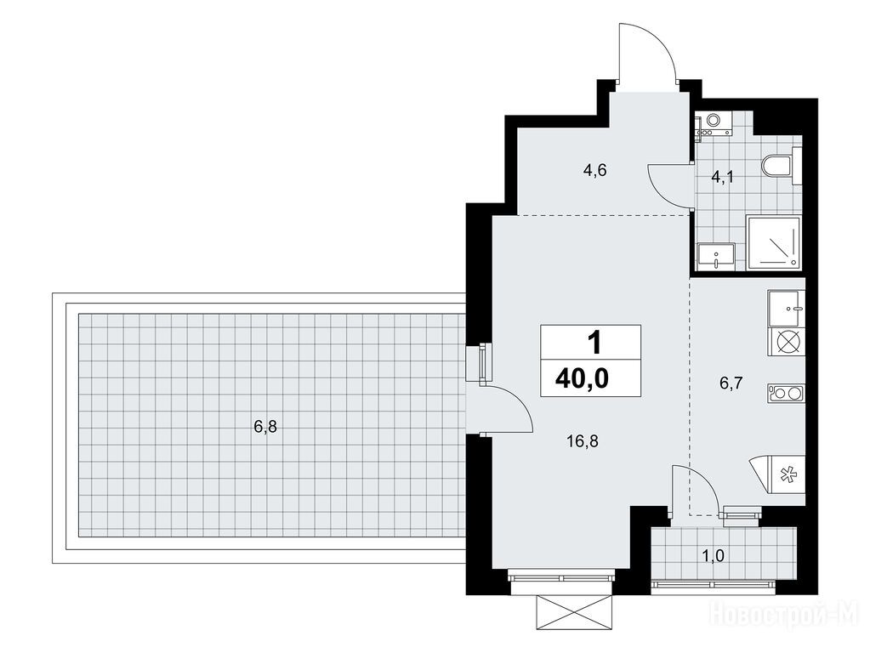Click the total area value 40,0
582,378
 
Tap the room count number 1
594,343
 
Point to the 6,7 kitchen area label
731,383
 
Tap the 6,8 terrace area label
265,427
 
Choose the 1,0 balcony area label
713,555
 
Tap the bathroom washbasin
716,257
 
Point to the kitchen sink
786,308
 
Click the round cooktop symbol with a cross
788,341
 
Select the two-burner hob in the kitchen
787,393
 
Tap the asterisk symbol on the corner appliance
787,474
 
